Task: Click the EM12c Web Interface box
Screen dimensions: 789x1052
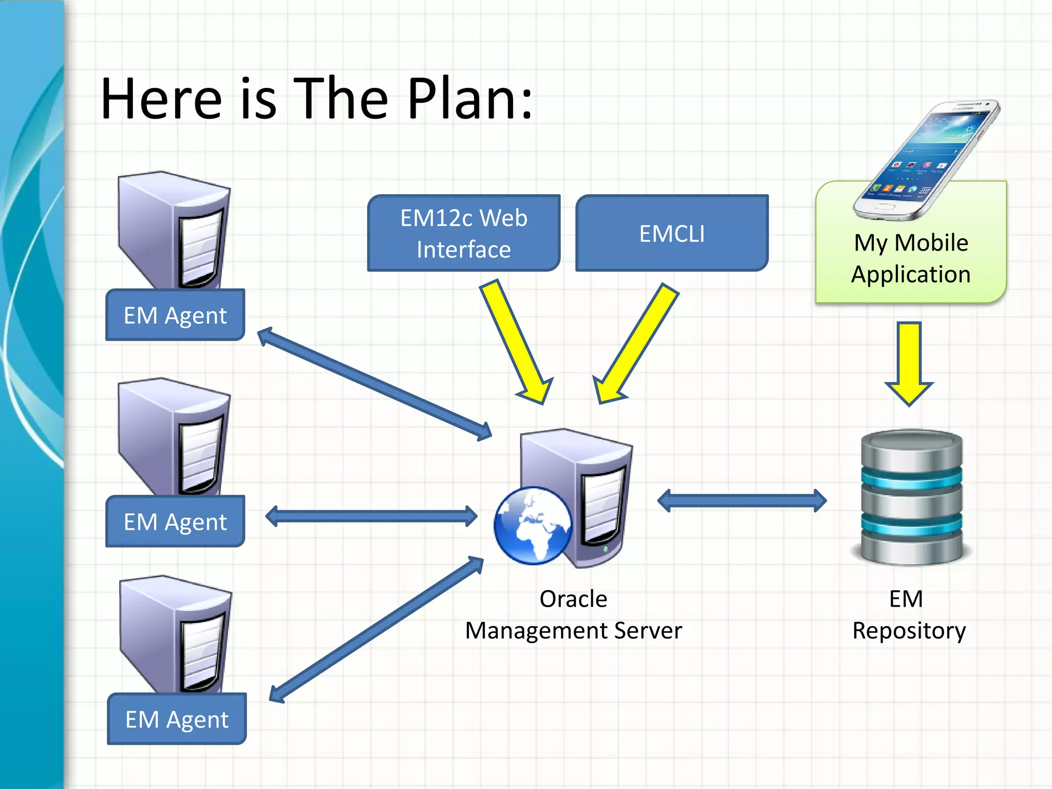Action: (463, 233)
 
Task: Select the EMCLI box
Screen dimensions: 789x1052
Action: (671, 233)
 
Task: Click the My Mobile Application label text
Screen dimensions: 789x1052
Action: (911, 258)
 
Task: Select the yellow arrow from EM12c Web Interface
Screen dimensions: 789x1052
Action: (516, 342)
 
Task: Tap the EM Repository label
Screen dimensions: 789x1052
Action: (909, 615)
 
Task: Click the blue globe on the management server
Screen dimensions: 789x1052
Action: (533, 525)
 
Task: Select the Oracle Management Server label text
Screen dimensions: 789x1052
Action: (573, 615)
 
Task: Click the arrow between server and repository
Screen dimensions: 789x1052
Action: (742, 500)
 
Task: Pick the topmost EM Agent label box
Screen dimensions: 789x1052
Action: (175, 315)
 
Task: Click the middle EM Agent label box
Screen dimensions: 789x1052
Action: (175, 521)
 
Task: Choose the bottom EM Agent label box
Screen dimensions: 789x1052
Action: (177, 719)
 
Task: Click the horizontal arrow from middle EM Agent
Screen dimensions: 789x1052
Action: (371, 516)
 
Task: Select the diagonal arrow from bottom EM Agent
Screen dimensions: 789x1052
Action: (376, 630)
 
